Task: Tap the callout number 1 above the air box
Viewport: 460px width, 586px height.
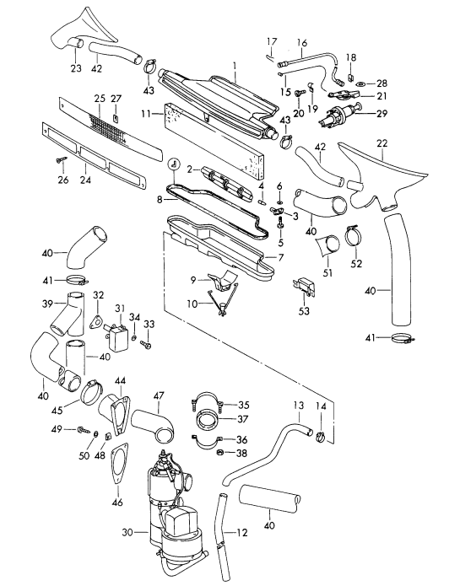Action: (235, 63)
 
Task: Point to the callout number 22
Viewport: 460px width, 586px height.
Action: (382, 143)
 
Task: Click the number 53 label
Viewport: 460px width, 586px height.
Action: (304, 311)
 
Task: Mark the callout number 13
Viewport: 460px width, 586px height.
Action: (297, 406)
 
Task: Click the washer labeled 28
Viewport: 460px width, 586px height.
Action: (361, 83)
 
